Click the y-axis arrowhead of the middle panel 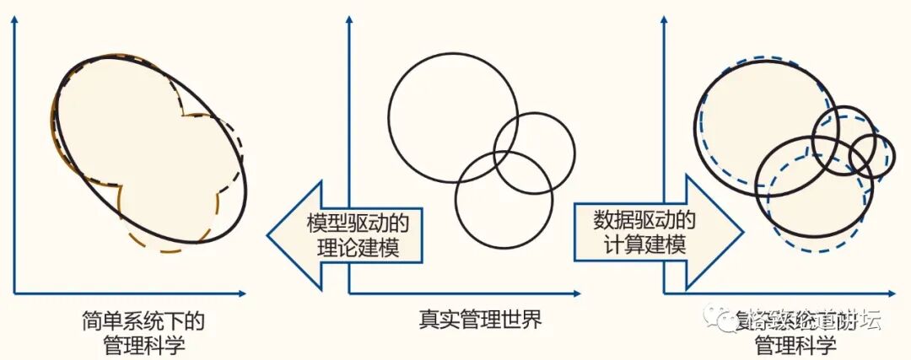click(349, 20)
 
